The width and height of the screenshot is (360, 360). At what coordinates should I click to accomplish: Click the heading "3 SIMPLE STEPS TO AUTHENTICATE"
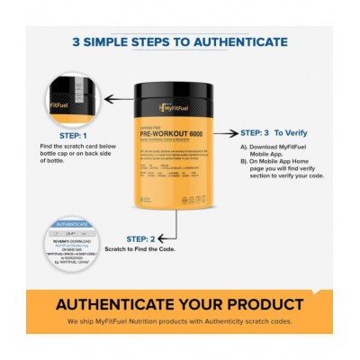coord(180,41)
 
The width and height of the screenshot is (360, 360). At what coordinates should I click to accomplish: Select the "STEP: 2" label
coord(140,238)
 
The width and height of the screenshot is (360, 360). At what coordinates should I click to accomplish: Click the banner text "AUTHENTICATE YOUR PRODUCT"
coord(180,304)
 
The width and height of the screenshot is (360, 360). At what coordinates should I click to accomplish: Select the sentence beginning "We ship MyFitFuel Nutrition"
coord(180,321)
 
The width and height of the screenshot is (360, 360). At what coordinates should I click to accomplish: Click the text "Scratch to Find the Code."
coord(140,250)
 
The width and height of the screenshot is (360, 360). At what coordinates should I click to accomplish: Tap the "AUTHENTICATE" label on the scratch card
coord(72,224)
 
